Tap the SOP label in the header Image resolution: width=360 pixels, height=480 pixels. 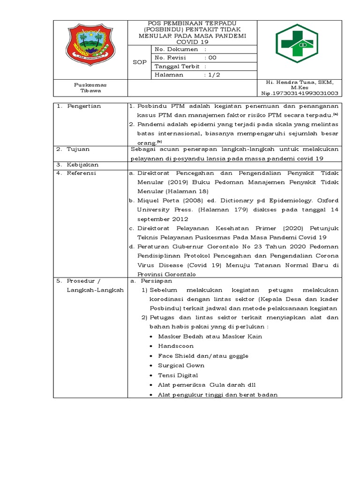click(139, 62)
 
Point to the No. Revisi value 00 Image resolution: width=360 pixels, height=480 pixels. click(212, 58)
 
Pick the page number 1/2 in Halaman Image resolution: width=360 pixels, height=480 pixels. click(212, 75)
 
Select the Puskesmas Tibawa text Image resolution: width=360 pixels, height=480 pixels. click(90, 88)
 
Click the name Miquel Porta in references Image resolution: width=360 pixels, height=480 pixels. click(155, 201)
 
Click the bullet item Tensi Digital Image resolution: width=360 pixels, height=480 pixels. click(178, 375)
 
